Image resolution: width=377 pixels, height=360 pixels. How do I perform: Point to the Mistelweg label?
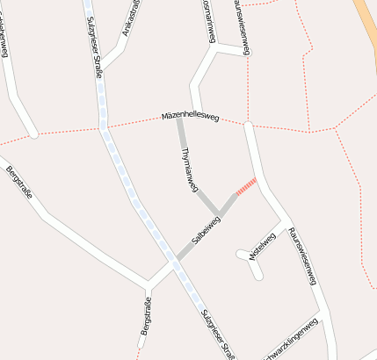click(263, 245)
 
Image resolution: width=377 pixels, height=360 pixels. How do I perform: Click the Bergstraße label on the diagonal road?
click(18, 182)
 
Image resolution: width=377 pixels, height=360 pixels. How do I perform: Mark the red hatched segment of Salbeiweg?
click(246, 186)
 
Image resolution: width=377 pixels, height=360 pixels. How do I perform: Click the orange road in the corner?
click(366, 26)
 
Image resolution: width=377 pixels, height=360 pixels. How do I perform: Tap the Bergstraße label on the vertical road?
click(147, 316)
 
